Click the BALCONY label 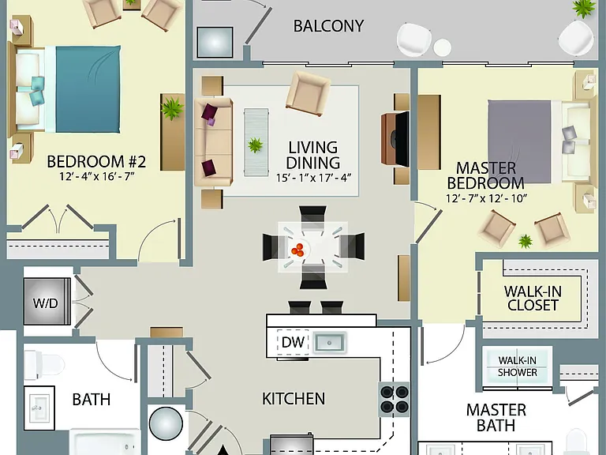(328, 26)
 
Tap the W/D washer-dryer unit (47, 302)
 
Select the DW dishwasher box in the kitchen (293, 342)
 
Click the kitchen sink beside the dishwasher (329, 342)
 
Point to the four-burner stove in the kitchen (394, 399)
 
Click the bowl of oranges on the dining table (298, 250)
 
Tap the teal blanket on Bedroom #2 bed (88, 89)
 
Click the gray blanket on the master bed (519, 141)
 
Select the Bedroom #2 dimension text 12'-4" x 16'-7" (96, 176)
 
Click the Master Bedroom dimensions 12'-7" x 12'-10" (486, 198)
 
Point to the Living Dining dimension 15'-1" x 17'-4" (313, 178)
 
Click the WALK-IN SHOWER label (518, 366)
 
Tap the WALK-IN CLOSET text (533, 298)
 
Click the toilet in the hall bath (43, 365)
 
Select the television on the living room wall (401, 138)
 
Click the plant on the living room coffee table (255, 145)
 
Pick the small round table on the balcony (442, 47)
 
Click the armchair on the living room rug (308, 93)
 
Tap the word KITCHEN (294, 398)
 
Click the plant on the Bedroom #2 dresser (172, 108)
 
